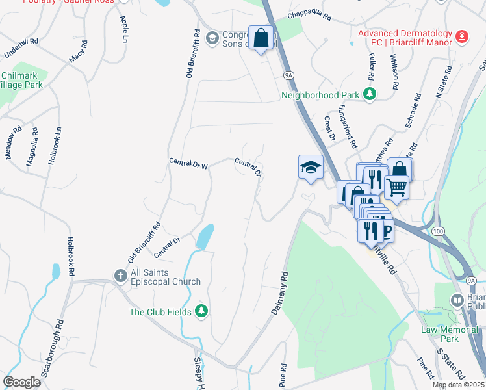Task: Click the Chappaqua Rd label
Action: coord(310,15)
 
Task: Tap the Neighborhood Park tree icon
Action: coord(370,95)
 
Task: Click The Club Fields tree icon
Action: coord(201,312)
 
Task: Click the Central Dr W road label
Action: coord(188,163)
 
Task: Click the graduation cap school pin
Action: coord(311,168)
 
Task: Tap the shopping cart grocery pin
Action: coord(396,188)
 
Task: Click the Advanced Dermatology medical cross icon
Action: coord(462,37)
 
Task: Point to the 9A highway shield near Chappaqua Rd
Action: coord(288,75)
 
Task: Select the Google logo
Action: coord(21,382)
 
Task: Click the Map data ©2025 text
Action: coord(458,385)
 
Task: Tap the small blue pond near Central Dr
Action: coord(205,237)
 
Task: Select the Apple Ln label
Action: coord(123,29)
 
